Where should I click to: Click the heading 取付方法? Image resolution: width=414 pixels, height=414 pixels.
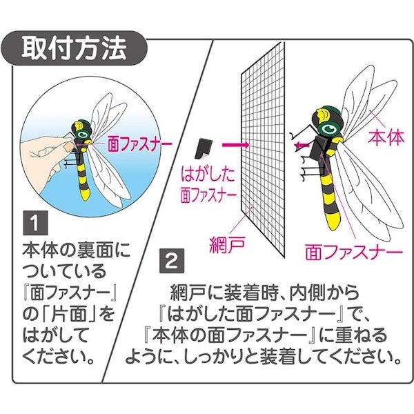coord(75,48)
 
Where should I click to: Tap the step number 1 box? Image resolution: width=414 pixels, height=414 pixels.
coord(35,223)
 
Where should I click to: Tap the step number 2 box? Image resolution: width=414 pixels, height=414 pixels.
coord(172,261)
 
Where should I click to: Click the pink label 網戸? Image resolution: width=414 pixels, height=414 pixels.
coord(227,244)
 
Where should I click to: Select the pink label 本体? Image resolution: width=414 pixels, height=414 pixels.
coord(386,137)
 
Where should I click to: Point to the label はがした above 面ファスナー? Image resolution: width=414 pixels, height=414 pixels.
coord(208,175)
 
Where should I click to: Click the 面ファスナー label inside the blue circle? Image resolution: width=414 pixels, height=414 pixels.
coord(140,144)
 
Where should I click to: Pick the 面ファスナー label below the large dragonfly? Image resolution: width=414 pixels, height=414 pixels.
coord(355,252)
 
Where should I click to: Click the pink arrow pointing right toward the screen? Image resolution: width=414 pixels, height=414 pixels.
coord(235,145)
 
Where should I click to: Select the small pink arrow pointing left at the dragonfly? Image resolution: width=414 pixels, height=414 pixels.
coord(302,145)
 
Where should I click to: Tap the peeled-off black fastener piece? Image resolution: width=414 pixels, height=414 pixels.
coord(204,148)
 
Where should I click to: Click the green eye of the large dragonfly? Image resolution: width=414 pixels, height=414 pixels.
coord(328,128)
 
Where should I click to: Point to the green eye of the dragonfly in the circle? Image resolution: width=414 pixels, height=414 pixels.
coord(83,134)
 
